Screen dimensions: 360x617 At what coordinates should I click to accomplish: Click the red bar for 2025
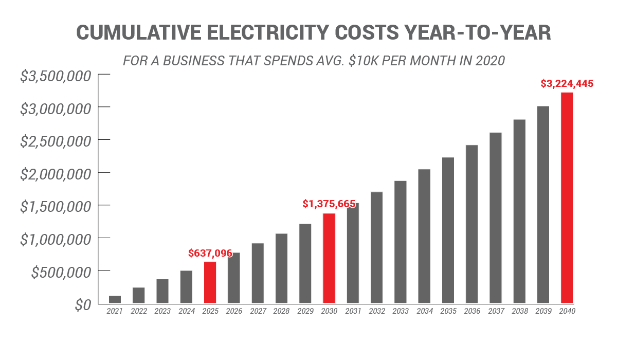point(210,282)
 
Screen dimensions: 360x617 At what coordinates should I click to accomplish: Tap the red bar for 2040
point(567,198)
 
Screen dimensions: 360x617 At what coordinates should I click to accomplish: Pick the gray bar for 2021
point(115,299)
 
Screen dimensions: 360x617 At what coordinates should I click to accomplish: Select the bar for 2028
point(281,268)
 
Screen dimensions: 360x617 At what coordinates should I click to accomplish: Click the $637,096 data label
point(210,253)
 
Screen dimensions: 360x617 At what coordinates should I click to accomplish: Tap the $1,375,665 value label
point(329,204)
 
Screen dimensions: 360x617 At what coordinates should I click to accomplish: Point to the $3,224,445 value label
point(567,83)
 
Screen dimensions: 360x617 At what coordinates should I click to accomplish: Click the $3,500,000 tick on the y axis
point(56,76)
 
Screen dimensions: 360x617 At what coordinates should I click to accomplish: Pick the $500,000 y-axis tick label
point(61,272)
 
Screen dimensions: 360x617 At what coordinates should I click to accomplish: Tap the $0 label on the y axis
point(82,305)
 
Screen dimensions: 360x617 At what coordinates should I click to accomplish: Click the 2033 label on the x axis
point(401,311)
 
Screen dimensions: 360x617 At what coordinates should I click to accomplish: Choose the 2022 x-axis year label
point(139,311)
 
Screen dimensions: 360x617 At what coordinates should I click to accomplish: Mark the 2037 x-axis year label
point(496,311)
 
